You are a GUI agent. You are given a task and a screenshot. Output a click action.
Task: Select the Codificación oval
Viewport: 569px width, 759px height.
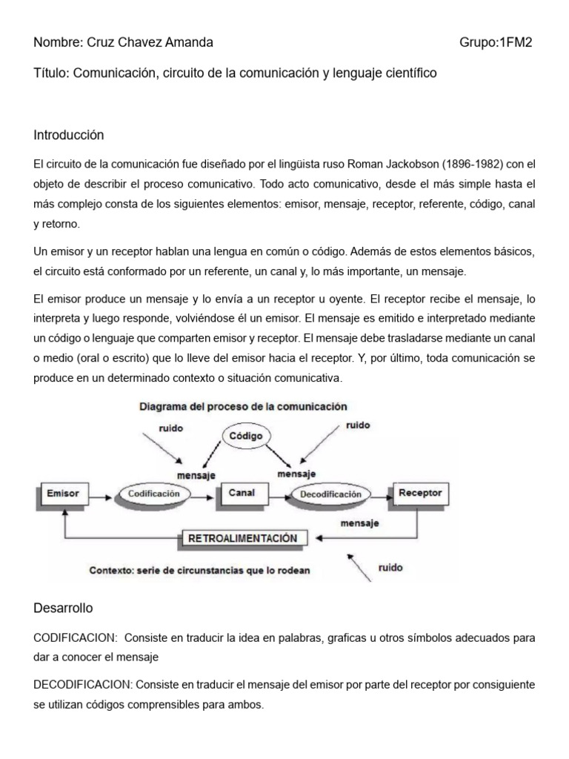click(154, 493)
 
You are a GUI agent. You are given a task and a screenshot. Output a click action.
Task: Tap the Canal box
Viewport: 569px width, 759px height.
click(242, 492)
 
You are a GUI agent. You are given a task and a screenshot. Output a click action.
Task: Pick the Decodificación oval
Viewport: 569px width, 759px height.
click(330, 494)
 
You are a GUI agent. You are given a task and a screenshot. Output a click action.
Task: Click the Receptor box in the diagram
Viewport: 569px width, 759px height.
click(419, 492)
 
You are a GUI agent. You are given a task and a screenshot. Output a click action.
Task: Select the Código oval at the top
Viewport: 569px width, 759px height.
click(245, 436)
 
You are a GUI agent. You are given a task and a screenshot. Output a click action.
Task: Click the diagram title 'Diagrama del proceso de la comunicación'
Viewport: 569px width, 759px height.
click(242, 406)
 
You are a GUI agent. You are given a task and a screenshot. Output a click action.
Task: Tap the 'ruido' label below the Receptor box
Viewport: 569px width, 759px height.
click(390, 568)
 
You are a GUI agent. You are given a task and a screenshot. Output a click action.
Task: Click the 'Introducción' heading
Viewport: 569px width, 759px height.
click(69, 135)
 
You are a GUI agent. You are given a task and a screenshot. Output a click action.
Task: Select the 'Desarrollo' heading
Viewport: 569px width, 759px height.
click(63, 608)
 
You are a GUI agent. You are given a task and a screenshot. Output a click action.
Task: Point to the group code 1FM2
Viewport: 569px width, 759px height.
click(516, 42)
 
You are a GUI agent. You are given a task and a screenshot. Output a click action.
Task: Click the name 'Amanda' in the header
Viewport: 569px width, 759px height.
click(193, 42)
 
